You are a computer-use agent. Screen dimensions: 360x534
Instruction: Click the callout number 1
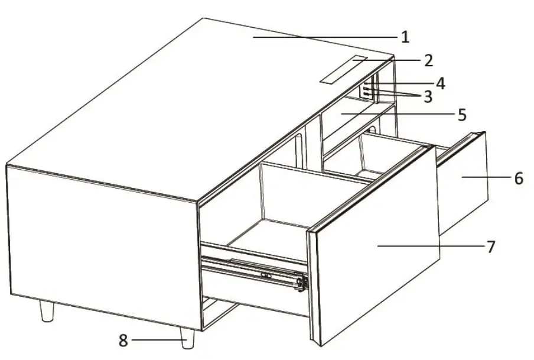click(405, 37)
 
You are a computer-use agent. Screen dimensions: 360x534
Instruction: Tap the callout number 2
click(428, 60)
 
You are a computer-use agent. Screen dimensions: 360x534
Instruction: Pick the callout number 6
click(518, 178)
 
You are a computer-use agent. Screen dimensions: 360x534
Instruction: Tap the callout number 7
click(490, 245)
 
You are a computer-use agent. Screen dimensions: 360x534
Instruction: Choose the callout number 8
click(123, 340)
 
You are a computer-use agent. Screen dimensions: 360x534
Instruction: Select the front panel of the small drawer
click(464, 189)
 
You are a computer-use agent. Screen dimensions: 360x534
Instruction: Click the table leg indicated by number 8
click(188, 339)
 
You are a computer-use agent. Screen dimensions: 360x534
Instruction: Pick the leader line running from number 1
click(325, 37)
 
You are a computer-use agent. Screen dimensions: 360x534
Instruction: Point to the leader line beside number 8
click(155, 340)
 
